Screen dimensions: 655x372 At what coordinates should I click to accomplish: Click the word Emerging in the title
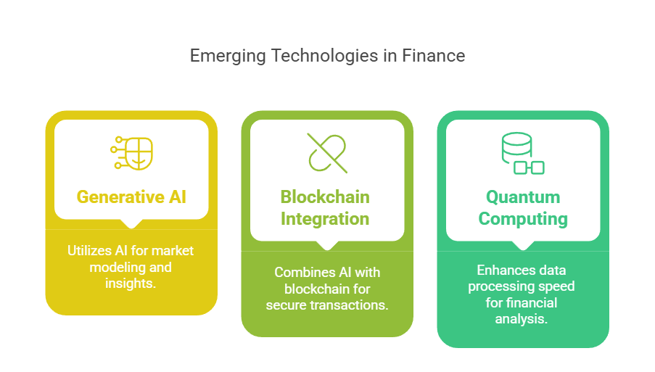pyautogui.click(x=228, y=57)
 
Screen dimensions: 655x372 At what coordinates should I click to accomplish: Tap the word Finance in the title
pyautogui.click(x=434, y=56)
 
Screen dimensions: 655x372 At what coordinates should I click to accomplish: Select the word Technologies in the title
pyautogui.click(x=324, y=57)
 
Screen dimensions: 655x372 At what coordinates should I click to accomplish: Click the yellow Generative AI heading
pyautogui.click(x=131, y=197)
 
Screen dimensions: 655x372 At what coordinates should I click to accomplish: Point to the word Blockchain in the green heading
pyautogui.click(x=325, y=197)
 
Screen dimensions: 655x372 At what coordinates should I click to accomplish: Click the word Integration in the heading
pyautogui.click(x=325, y=219)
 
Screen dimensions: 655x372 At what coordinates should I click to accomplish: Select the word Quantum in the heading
pyautogui.click(x=523, y=197)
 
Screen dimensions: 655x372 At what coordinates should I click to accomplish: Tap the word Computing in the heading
pyautogui.click(x=523, y=219)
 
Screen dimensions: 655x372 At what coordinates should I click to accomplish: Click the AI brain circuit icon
pyautogui.click(x=131, y=153)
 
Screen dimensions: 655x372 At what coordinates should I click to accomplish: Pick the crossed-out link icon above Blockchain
pyautogui.click(x=327, y=153)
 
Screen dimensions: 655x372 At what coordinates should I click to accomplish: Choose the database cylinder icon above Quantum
pyautogui.click(x=522, y=153)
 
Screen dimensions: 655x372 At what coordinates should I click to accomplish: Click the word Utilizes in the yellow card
pyautogui.click(x=89, y=250)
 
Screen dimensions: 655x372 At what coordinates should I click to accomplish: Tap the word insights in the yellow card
pyautogui.click(x=130, y=284)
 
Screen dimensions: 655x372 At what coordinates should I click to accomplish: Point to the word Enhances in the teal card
pyautogui.click(x=498, y=270)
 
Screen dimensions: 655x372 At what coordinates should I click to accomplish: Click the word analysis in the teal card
pyautogui.click(x=522, y=319)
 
